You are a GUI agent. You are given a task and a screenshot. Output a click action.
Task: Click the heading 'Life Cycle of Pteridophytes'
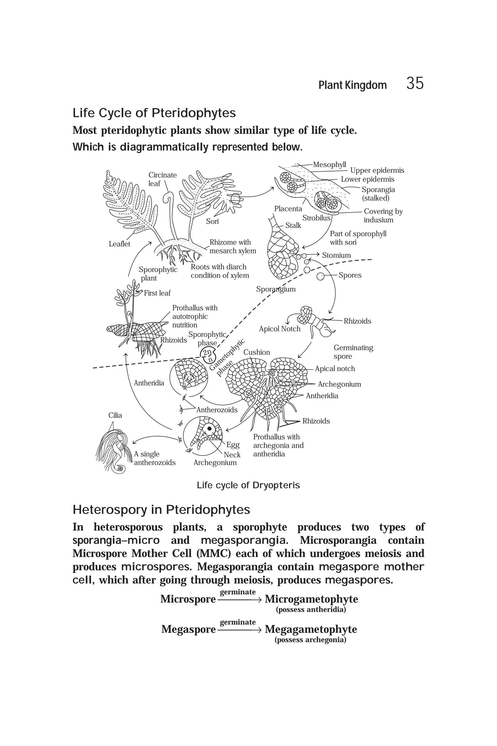[154, 113]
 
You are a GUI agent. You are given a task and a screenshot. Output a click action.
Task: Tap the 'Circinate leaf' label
[162, 179]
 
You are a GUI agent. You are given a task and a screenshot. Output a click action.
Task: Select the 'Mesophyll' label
[329, 164]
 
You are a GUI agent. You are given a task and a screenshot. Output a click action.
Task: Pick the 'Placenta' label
[288, 208]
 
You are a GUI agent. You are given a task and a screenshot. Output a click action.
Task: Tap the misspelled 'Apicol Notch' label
[280, 329]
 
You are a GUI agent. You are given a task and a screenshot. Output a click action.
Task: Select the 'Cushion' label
[257, 352]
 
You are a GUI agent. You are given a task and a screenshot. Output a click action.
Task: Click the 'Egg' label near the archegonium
[233, 445]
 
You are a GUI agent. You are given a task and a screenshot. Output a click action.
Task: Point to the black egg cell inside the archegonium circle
[209, 429]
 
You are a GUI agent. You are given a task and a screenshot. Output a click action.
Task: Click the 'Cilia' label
[115, 415]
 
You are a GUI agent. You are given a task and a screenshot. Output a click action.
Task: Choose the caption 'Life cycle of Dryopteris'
[248, 485]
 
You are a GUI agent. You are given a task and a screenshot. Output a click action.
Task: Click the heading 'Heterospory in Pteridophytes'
[161, 510]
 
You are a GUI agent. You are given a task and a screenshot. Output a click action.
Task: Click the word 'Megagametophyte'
[311, 629]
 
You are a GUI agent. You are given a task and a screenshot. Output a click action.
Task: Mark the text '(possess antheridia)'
[311, 609]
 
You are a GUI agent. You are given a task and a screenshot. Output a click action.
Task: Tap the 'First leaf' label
[157, 293]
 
